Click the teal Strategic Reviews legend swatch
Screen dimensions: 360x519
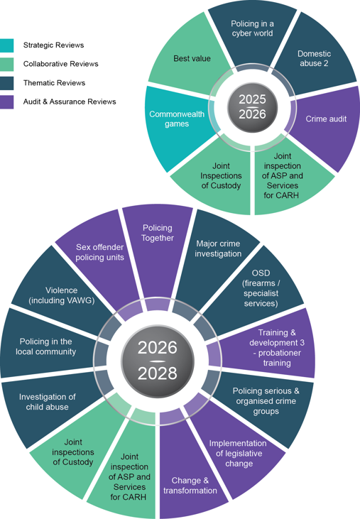pos(6,45)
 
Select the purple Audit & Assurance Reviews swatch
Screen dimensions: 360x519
pos(6,102)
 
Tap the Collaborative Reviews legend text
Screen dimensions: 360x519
pos(60,64)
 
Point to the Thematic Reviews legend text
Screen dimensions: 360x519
pos(54,83)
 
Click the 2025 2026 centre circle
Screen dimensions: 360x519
pos(253,107)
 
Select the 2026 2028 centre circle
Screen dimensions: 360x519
pos(158,361)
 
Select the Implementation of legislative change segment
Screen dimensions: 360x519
pos(239,454)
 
